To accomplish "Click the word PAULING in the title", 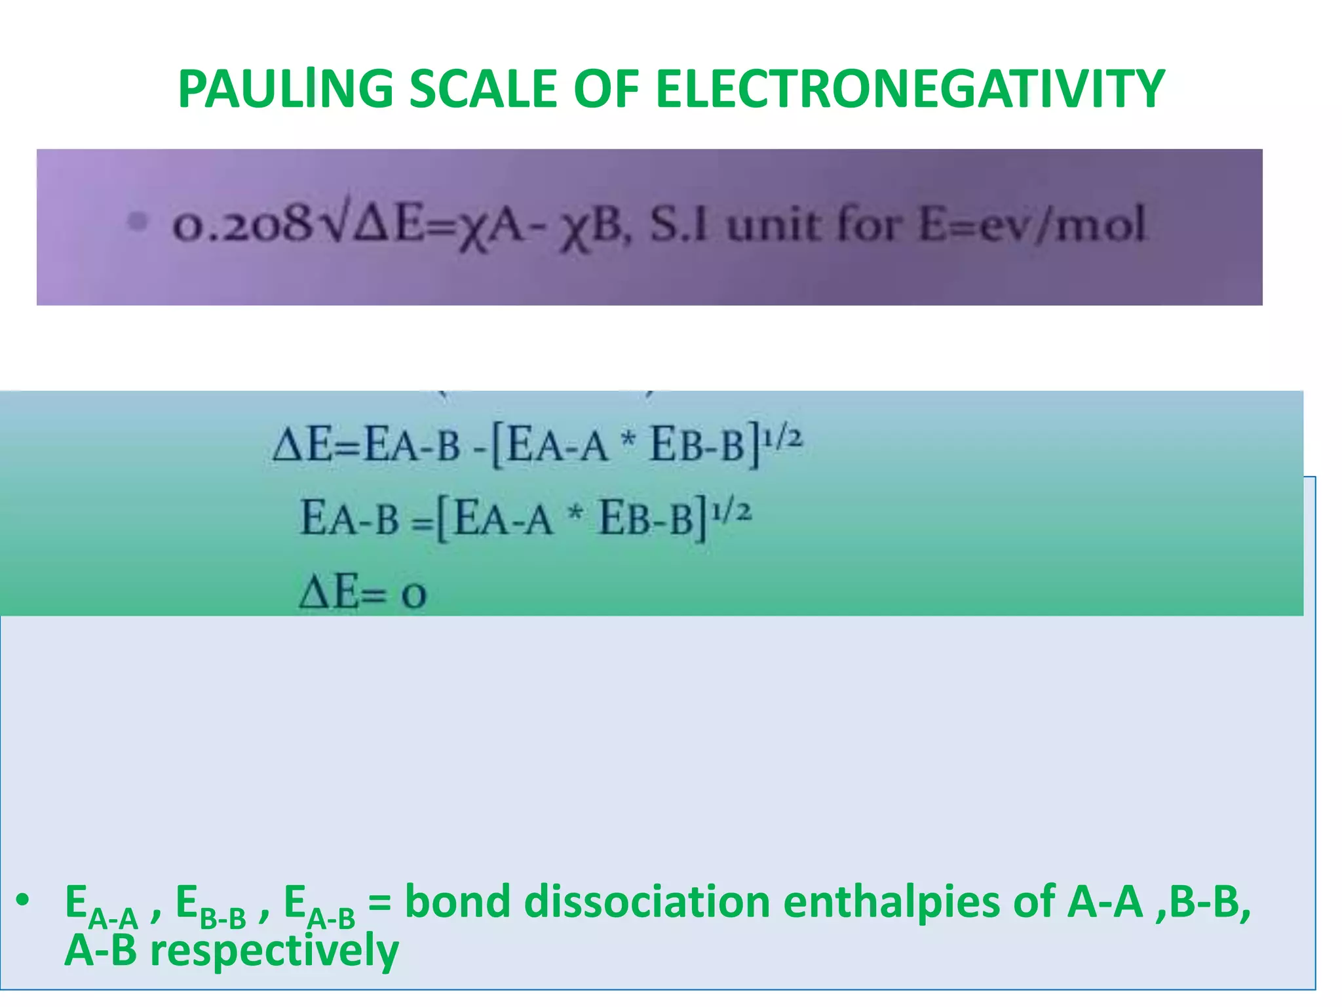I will point(285,89).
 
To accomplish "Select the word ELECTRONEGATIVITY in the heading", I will point(910,89).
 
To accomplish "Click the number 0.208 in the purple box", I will point(241,225).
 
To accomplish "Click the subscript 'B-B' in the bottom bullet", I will point(223,918).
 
